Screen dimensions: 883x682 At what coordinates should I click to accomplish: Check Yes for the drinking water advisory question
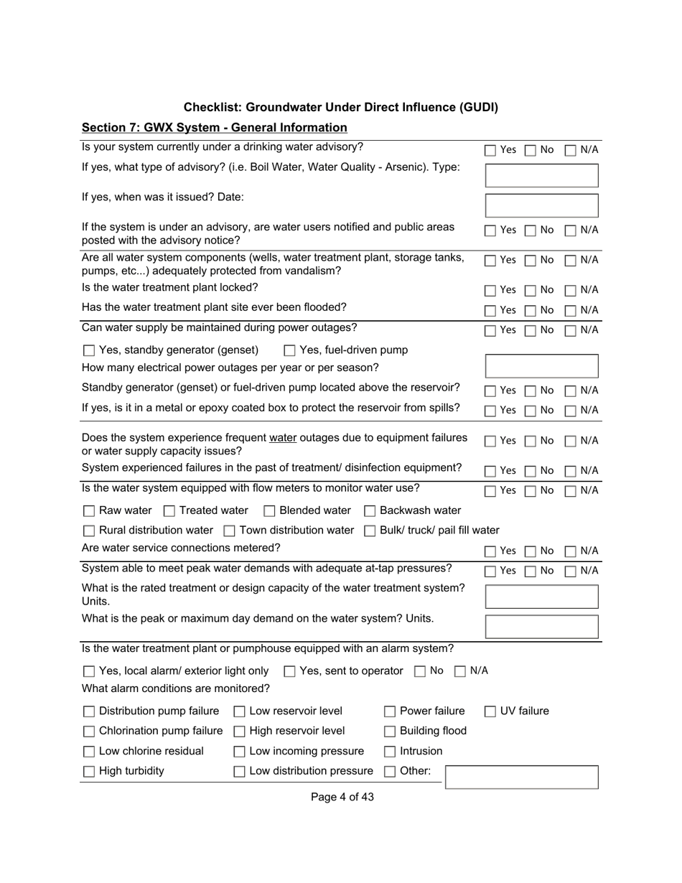(x=490, y=151)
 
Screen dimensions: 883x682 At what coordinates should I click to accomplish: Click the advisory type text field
(x=542, y=175)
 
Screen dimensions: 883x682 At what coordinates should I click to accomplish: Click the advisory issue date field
(x=542, y=205)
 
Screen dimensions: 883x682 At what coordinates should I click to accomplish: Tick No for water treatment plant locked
(x=530, y=291)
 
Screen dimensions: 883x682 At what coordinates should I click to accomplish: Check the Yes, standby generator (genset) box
(x=89, y=351)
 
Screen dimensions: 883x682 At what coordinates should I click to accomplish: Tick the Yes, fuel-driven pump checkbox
(x=289, y=351)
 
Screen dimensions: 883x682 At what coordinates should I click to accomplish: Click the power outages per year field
(x=542, y=366)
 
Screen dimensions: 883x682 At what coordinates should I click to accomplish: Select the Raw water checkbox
(x=89, y=511)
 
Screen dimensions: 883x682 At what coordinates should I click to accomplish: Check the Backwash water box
(x=370, y=511)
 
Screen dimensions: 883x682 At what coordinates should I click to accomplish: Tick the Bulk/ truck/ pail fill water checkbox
(x=370, y=531)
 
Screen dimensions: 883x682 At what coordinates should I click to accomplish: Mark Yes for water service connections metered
(x=490, y=551)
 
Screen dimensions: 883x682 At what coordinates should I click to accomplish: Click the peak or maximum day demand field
(x=542, y=626)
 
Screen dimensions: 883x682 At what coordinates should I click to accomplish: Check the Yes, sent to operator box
(x=289, y=672)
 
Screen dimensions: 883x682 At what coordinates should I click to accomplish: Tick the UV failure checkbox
(x=490, y=712)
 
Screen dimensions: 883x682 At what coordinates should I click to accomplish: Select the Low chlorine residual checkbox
(x=89, y=752)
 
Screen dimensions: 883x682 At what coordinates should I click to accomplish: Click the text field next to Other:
(x=522, y=777)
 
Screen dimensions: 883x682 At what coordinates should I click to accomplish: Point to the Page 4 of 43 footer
(x=342, y=797)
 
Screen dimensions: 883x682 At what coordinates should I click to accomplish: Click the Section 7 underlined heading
(x=214, y=128)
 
